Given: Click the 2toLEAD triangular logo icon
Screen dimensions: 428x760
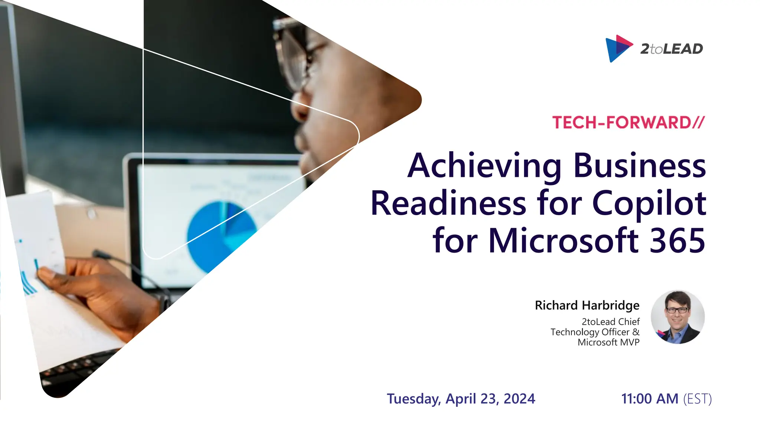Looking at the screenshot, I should click(x=617, y=48).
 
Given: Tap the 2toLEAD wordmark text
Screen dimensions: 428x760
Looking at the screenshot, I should click(x=671, y=49).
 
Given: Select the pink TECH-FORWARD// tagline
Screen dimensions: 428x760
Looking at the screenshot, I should click(x=628, y=123).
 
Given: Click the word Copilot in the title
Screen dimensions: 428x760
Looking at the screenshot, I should click(x=649, y=204).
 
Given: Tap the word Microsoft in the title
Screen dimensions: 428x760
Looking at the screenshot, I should click(x=563, y=240).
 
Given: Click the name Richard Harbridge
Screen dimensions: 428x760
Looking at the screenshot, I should click(x=587, y=305).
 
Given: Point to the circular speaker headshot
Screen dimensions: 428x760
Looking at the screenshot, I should click(x=678, y=317).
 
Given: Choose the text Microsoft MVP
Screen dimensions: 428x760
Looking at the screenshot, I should click(x=609, y=342).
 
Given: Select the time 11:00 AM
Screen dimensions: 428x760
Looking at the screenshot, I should click(x=650, y=399).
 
